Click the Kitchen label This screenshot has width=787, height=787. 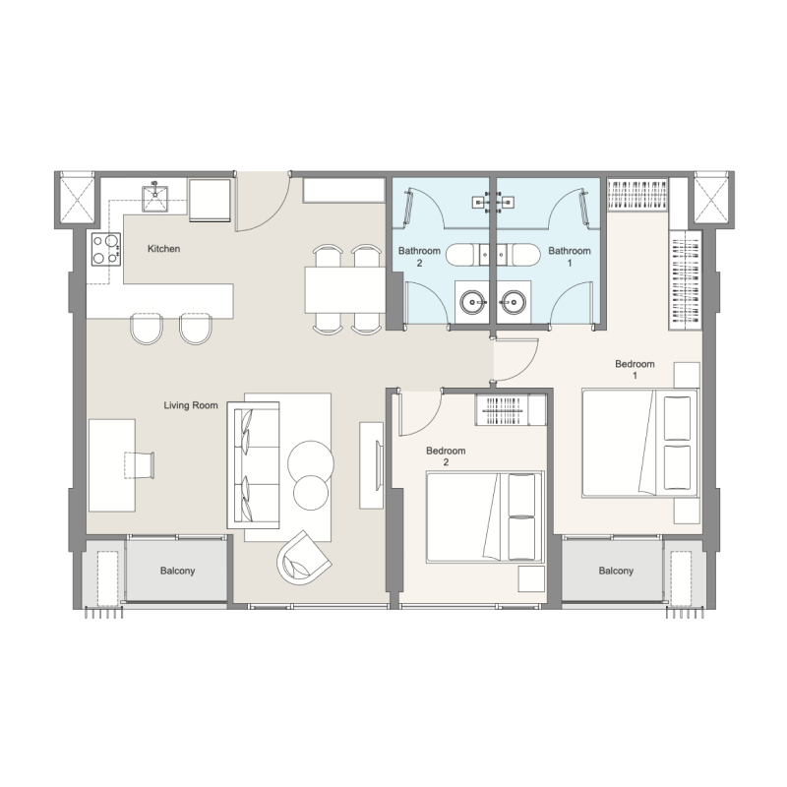tap(163, 249)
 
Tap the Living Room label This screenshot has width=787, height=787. tap(191, 405)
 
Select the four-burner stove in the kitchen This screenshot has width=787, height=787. tap(106, 249)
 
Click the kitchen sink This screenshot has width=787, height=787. tap(155, 198)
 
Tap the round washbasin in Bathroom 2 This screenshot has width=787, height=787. tap(473, 302)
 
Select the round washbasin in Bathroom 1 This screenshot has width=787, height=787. tap(514, 302)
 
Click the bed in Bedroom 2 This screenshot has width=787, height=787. tap(485, 516)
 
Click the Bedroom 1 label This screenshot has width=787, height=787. tap(635, 370)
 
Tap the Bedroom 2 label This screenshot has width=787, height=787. tap(446, 456)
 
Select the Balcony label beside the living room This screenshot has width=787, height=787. tap(177, 571)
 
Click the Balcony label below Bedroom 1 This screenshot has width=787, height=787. tap(616, 571)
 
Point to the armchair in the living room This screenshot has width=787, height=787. tap(302, 558)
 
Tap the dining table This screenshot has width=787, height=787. tap(345, 289)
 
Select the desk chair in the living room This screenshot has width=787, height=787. tap(139, 464)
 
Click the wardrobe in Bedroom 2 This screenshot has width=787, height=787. tap(511, 410)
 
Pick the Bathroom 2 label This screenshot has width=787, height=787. tap(420, 257)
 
